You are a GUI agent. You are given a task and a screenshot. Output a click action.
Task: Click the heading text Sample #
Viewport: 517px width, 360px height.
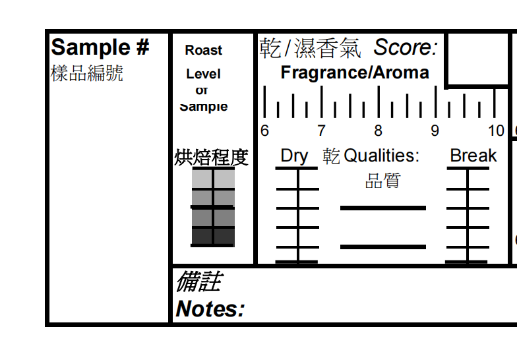[x=100, y=47]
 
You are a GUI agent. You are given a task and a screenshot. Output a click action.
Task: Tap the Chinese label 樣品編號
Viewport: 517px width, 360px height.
[x=86, y=73]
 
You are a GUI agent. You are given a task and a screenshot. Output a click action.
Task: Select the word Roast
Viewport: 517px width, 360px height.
[x=204, y=50]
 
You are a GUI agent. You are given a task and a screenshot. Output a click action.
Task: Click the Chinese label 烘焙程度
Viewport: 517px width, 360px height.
[x=211, y=158]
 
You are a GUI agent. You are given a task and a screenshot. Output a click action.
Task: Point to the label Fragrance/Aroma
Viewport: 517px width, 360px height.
[x=355, y=73]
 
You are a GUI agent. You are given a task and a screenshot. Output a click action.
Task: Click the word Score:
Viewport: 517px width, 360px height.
[x=406, y=47]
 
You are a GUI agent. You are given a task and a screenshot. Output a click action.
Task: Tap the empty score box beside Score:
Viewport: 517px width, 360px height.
[x=480, y=58]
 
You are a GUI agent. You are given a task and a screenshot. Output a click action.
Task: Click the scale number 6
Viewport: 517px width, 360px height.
[x=264, y=131]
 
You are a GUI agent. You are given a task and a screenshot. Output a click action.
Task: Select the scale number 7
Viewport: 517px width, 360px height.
[x=321, y=131]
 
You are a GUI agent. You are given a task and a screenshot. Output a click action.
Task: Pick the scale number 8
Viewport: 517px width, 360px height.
[x=379, y=131]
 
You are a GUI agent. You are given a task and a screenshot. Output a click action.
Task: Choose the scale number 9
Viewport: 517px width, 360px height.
[x=435, y=131]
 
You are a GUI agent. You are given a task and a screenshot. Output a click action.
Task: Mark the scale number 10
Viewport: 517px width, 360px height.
[x=496, y=131]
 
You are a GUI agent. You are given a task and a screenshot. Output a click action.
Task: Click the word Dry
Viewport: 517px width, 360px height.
[x=294, y=156]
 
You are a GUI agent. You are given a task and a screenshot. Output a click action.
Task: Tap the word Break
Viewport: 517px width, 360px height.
[x=473, y=156]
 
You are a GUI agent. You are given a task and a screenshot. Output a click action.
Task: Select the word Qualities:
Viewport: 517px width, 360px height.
[x=381, y=156]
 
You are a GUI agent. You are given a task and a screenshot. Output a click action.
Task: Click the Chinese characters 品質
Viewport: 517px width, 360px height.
[x=382, y=181]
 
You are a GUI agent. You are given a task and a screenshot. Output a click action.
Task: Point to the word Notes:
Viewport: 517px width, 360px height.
[x=210, y=309]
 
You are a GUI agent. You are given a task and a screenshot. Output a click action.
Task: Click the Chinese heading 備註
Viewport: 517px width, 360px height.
[x=198, y=282]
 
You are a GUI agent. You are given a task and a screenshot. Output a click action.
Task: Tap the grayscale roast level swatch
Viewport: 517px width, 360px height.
[x=213, y=207]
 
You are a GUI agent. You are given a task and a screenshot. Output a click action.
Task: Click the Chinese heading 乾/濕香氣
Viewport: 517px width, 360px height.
[x=310, y=47]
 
